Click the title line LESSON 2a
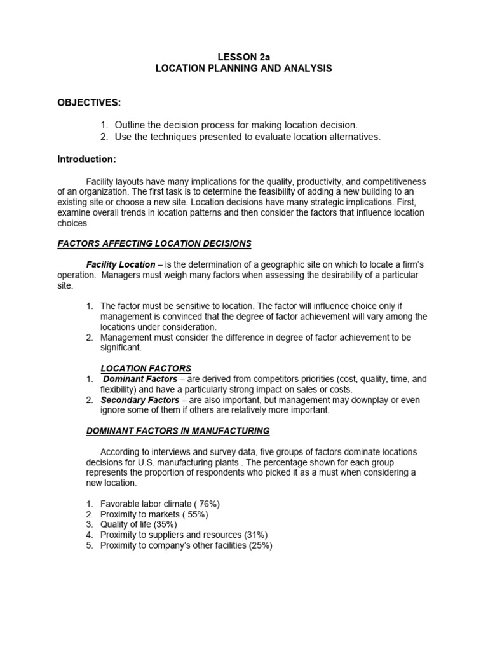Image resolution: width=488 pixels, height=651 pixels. pos(243,57)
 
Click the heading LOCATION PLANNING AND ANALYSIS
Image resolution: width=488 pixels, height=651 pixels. pos(243,68)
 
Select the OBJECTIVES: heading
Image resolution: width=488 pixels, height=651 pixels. pos(89,103)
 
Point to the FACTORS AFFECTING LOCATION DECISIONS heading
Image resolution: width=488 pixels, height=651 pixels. pos(154,243)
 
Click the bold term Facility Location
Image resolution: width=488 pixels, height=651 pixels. pos(121,264)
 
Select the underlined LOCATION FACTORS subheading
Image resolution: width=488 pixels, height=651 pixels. pos(146,368)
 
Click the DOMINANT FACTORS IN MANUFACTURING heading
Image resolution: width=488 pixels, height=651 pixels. pos(178,431)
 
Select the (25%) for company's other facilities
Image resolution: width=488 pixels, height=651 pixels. pos(259,545)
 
